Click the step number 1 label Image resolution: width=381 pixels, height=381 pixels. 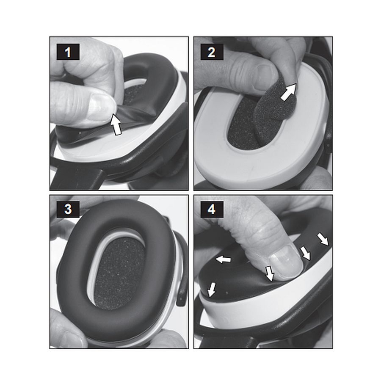(x=68, y=52)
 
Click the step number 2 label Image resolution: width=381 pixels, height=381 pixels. (x=212, y=52)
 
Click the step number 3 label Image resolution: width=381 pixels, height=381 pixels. (x=68, y=209)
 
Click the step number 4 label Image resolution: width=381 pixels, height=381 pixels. (x=212, y=209)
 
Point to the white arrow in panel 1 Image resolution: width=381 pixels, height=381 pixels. (x=116, y=124)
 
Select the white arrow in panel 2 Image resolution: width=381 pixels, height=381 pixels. (x=289, y=92)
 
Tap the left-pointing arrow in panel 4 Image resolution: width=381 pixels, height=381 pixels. (x=223, y=260)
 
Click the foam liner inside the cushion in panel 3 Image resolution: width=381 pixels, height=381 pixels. (x=119, y=273)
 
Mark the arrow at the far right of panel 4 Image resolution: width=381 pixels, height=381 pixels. (x=323, y=239)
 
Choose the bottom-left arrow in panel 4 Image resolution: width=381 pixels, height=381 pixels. (x=212, y=290)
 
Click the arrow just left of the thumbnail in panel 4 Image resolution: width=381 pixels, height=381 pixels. (x=270, y=273)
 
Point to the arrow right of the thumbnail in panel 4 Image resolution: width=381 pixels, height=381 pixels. (x=305, y=253)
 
